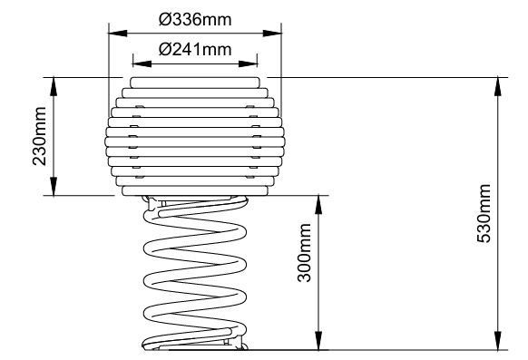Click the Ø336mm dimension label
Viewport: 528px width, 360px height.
tap(195, 20)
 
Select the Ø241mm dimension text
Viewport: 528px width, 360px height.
tap(195, 50)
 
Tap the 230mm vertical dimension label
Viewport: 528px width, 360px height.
tap(39, 136)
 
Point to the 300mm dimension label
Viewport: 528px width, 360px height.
tap(304, 252)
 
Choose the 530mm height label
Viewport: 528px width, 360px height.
tap(484, 213)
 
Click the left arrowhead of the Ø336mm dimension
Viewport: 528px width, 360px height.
tap(118, 34)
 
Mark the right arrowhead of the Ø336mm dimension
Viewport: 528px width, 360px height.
tap(272, 34)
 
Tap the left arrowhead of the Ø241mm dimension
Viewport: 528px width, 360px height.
tap(142, 63)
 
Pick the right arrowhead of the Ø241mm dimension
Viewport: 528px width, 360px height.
tap(249, 63)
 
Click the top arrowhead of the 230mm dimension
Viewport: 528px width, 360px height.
tap(54, 86)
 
